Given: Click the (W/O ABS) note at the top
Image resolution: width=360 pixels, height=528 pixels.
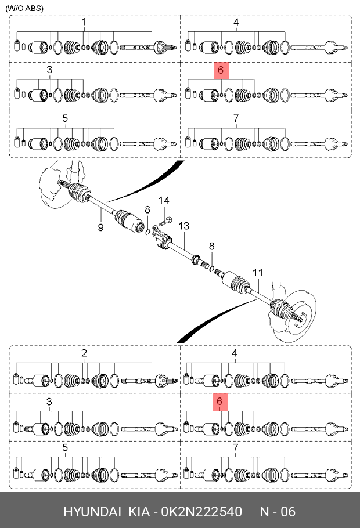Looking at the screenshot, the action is pyautogui.click(x=24, y=8).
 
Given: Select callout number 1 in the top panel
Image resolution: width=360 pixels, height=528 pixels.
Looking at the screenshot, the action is pyautogui.click(x=84, y=22).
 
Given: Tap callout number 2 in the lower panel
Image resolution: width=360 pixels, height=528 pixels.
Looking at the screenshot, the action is pyautogui.click(x=84, y=353).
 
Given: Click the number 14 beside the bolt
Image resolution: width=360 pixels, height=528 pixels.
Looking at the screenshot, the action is pyautogui.click(x=164, y=200).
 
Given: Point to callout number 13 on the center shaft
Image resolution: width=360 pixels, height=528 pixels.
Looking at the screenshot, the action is pyautogui.click(x=183, y=226).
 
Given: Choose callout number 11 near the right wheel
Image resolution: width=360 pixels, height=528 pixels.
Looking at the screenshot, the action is pyautogui.click(x=258, y=273).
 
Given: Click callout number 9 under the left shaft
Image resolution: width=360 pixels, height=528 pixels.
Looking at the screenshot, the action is pyautogui.click(x=101, y=227).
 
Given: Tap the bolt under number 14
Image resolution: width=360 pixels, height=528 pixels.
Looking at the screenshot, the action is pyautogui.click(x=165, y=221).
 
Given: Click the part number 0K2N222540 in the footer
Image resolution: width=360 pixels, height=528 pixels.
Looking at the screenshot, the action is pyautogui.click(x=201, y=512).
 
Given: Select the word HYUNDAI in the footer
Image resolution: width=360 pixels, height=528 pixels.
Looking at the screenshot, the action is pyautogui.click(x=92, y=512).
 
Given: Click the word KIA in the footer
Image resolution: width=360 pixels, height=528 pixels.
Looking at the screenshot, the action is pyautogui.click(x=139, y=512).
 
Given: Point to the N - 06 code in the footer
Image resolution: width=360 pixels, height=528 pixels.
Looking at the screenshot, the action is pyautogui.click(x=278, y=512).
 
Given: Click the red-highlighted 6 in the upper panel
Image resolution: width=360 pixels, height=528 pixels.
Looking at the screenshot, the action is pyautogui.click(x=221, y=70).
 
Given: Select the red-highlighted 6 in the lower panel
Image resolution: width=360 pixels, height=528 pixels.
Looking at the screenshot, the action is pyautogui.click(x=220, y=402).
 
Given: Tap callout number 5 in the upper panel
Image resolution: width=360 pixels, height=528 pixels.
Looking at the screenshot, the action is pyautogui.click(x=65, y=118).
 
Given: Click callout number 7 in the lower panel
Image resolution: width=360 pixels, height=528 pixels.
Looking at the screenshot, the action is pyautogui.click(x=235, y=447).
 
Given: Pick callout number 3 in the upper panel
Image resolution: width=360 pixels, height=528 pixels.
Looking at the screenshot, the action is pyautogui.click(x=49, y=70).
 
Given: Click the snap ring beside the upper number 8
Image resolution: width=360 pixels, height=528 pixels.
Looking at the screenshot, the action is pyautogui.click(x=147, y=232).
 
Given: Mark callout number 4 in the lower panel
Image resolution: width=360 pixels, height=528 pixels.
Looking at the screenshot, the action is pyautogui.click(x=235, y=353).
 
